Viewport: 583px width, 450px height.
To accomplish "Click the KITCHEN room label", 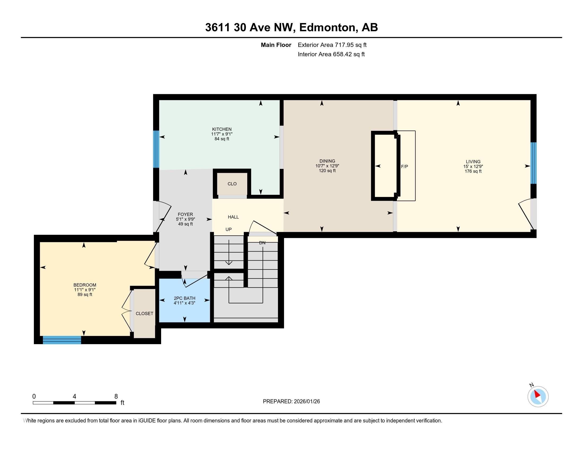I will [222, 129].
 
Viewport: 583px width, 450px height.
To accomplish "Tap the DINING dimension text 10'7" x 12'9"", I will [327, 166].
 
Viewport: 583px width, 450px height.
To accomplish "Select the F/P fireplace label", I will [404, 166].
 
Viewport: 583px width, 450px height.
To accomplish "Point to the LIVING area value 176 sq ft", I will [473, 171].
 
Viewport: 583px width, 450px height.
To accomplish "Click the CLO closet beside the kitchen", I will [232, 184].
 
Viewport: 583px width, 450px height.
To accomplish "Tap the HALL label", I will [233, 217].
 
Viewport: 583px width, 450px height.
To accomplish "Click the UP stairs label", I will [228, 229].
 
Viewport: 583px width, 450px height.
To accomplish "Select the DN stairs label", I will [262, 243].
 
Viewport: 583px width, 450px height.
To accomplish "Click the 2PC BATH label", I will [184, 298].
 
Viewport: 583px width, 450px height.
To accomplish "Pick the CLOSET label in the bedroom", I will [144, 313].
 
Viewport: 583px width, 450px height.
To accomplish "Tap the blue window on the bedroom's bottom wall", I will [62, 340].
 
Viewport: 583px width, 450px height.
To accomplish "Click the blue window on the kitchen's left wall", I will [156, 149].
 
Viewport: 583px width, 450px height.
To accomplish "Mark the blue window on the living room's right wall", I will [533, 163].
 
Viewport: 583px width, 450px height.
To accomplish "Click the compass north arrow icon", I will [538, 397].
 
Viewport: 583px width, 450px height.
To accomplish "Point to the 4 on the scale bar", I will [74, 397].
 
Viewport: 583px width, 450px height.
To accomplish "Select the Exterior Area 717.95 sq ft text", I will [332, 45].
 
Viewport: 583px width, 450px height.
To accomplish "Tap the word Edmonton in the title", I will [328, 28].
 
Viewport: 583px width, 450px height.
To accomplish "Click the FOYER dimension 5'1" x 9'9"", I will [185, 219].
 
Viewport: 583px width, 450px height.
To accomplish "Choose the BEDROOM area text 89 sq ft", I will [85, 295].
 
